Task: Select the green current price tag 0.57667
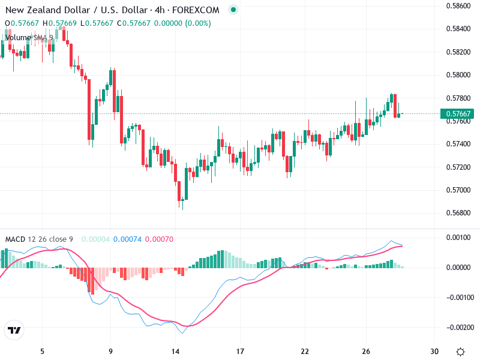point(457,113)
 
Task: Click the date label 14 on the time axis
point(176,351)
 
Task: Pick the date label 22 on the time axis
point(305,351)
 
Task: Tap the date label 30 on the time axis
point(434,351)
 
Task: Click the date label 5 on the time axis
point(42,351)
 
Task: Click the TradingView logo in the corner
point(14,331)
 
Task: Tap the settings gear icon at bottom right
point(460,352)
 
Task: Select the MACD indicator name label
point(16,239)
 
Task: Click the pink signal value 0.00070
point(159,239)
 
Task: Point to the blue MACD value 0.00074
point(127,239)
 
